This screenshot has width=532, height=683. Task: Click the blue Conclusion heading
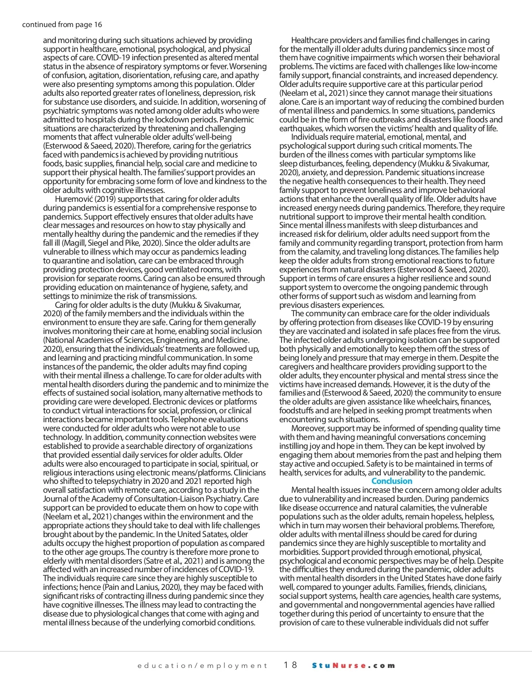(x=391, y=481)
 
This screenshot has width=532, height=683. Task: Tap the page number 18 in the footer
(x=290, y=665)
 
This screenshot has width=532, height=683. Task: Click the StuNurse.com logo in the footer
(x=353, y=665)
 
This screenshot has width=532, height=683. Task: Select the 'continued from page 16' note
(x=62, y=24)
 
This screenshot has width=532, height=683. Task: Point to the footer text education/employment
(x=202, y=665)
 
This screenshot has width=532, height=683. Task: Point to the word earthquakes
(x=301, y=129)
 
